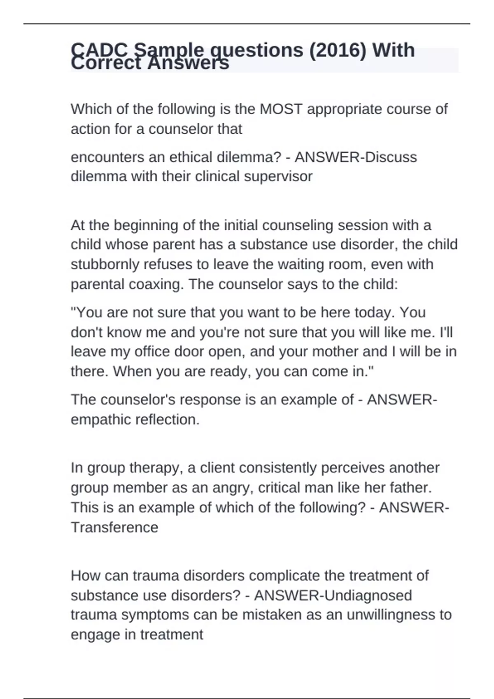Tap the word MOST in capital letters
coord(281,109)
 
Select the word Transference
coord(114,527)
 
